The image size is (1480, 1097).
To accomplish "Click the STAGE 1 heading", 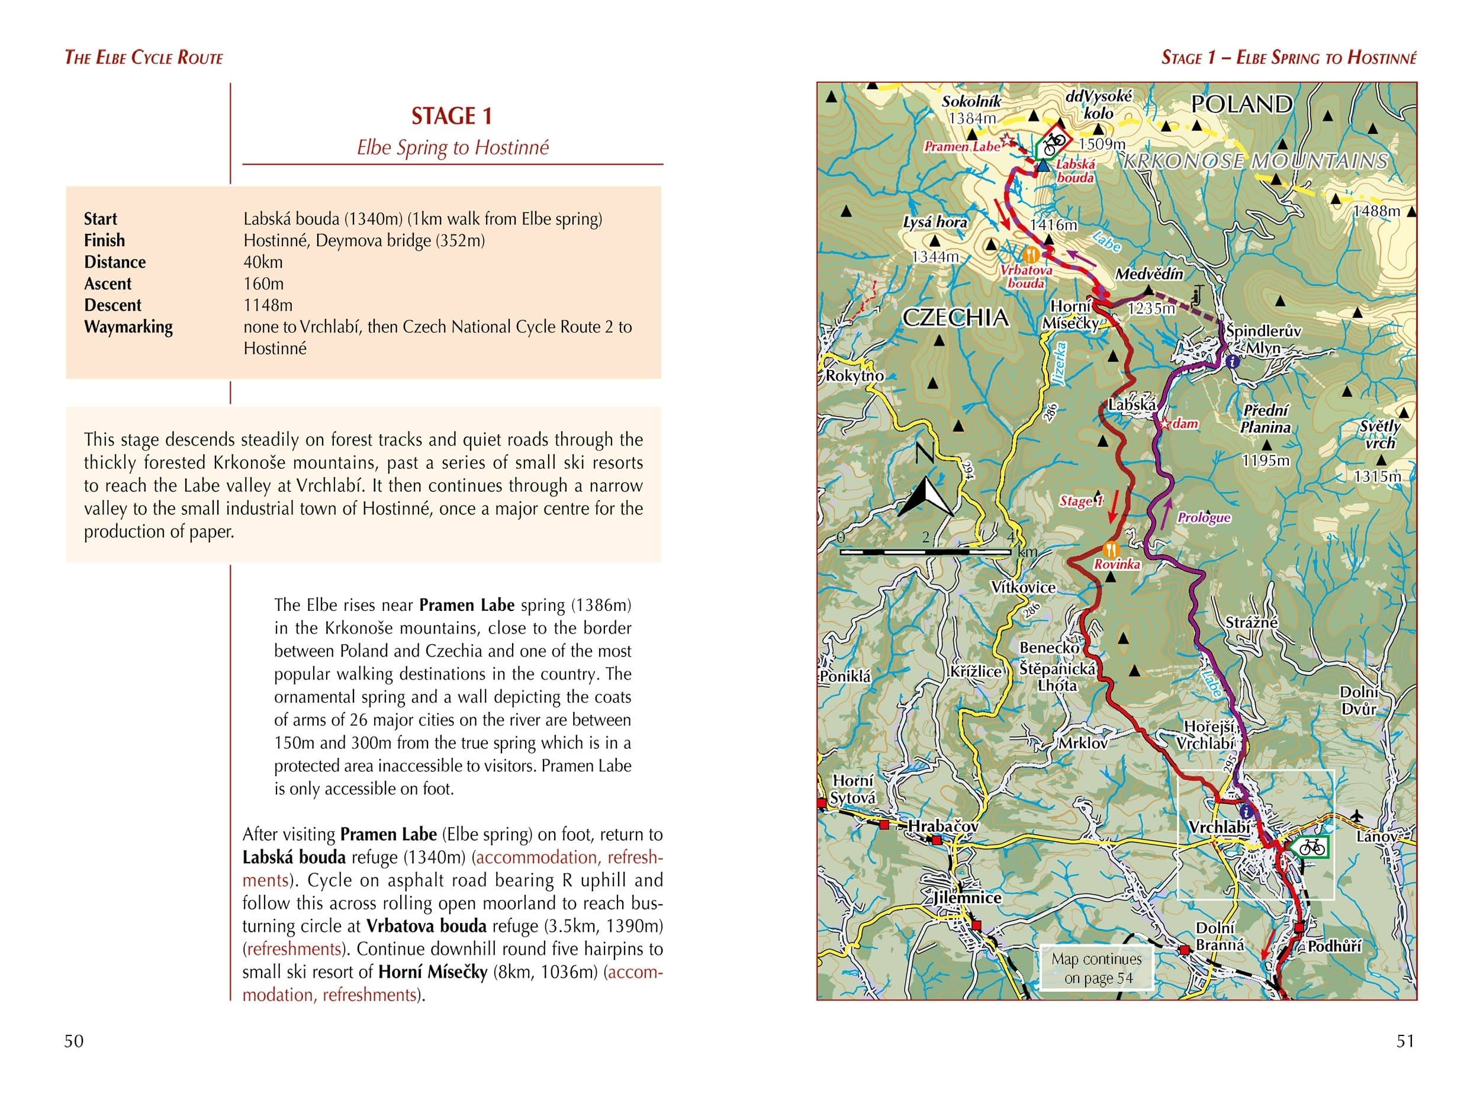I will point(452,116).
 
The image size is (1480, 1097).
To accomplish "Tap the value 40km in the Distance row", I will point(263,262).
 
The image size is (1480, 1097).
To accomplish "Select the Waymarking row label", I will point(128,327).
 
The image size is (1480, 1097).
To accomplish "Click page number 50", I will point(73,1041).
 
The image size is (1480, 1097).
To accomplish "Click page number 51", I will point(1405,1041).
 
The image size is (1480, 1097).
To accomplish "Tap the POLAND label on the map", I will point(1241,104).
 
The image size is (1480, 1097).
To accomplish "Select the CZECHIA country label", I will point(955,317).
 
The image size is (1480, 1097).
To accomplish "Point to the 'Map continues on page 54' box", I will point(1096,968).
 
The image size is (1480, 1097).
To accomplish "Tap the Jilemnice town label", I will point(967,897).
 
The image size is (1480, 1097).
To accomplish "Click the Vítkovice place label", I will point(1023,587).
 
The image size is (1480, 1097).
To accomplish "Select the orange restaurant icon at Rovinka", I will point(1110,550).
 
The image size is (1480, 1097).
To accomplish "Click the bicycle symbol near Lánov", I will point(1311,847).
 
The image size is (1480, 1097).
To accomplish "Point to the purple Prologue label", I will point(1204,517).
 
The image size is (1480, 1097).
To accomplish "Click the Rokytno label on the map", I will point(855,376).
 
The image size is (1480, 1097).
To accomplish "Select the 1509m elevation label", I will point(1102,143).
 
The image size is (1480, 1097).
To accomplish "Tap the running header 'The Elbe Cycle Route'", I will point(143,58).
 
